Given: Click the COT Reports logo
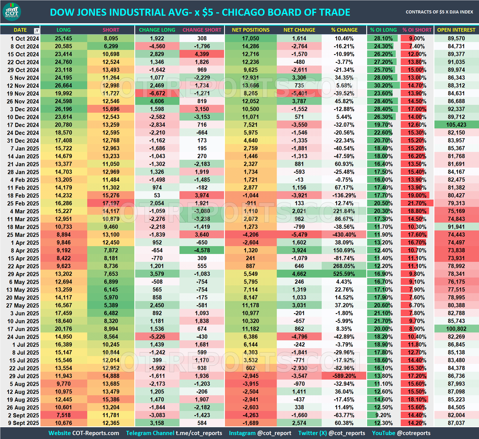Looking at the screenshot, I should (x=12, y=12).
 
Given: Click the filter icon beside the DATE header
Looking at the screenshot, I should (x=36, y=31).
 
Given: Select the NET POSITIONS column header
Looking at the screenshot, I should (x=250, y=30).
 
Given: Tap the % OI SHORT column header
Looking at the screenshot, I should (x=417, y=30).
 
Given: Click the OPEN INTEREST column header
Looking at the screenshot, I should (x=456, y=30).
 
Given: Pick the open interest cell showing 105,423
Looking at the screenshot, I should (x=456, y=125).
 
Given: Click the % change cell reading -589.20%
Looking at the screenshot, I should (x=344, y=376).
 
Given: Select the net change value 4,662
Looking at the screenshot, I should (x=299, y=274).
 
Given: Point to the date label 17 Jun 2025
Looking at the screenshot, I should (x=23, y=329).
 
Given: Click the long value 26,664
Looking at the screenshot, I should (x=63, y=86).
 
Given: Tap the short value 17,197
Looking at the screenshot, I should (x=111, y=203).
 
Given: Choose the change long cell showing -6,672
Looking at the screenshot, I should (x=157, y=93).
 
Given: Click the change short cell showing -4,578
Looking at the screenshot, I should (x=202, y=250).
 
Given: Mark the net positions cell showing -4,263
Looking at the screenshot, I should (x=250, y=415).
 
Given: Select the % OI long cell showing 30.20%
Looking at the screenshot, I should (x=383, y=86).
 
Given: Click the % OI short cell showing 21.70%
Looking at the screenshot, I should (x=417, y=203).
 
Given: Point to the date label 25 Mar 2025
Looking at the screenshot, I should (x=23, y=235).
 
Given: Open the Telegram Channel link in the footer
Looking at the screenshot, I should (x=174, y=433).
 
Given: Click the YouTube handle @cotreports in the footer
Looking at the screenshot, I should (x=414, y=433).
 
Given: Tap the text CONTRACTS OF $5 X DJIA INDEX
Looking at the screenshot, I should (x=439, y=12).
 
